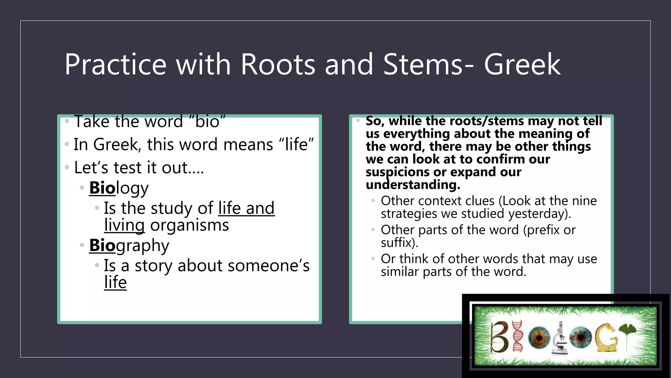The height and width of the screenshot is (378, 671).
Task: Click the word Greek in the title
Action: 522,65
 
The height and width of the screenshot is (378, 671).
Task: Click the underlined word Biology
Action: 119,188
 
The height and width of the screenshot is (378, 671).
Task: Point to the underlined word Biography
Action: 129,245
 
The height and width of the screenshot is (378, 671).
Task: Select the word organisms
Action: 189,225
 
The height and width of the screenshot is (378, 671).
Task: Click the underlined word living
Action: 124,225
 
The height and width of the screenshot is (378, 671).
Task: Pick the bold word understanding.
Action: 413,185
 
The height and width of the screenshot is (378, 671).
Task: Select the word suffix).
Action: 399,243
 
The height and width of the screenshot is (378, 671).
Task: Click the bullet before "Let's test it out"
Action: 67,168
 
